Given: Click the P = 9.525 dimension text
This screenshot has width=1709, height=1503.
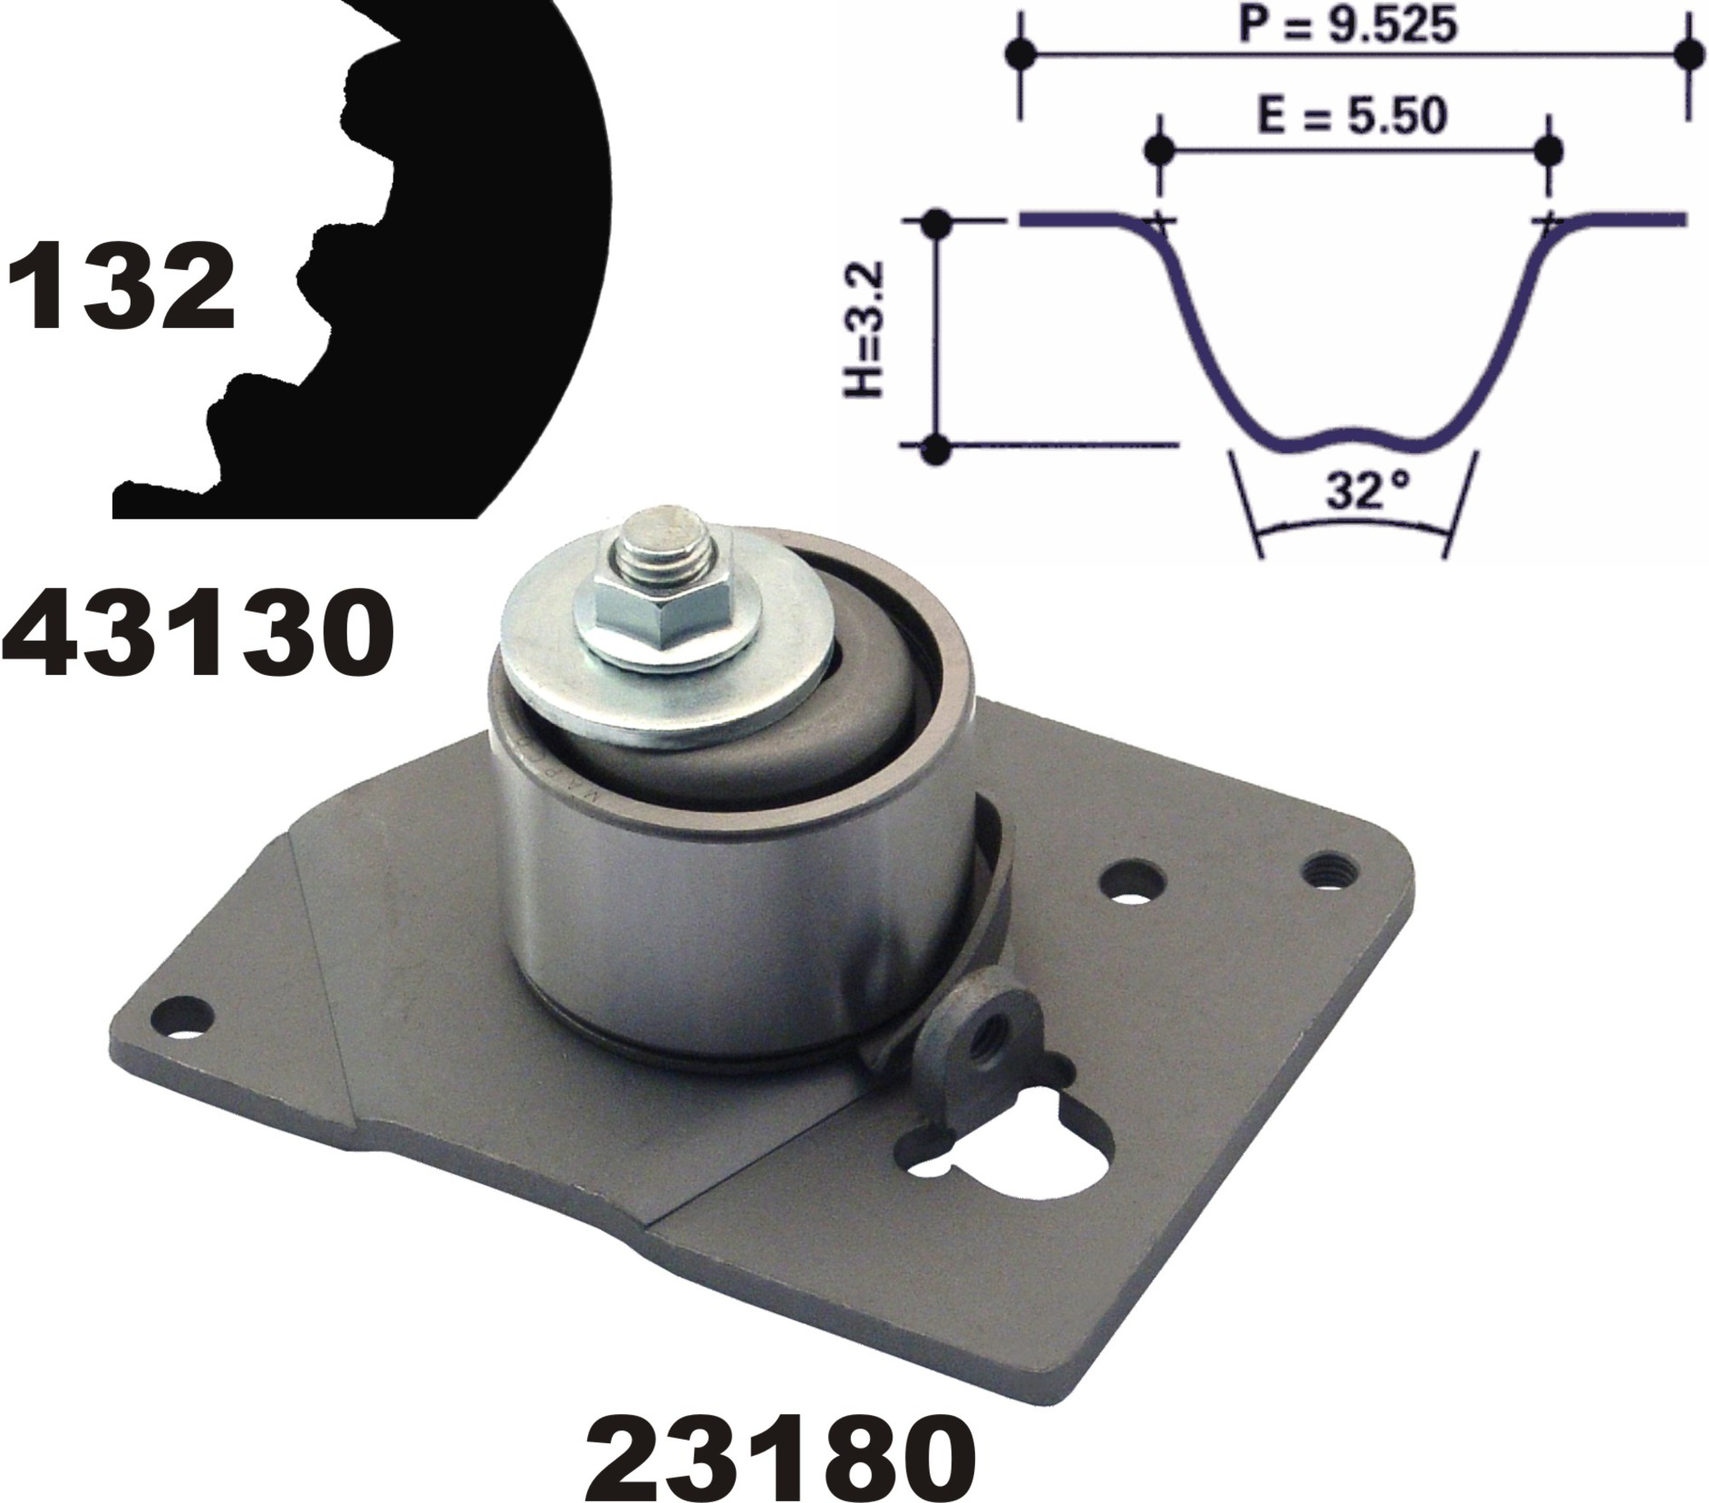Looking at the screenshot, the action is coord(1348,26).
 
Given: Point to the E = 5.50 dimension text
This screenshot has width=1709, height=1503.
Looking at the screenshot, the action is coord(1351,116).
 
